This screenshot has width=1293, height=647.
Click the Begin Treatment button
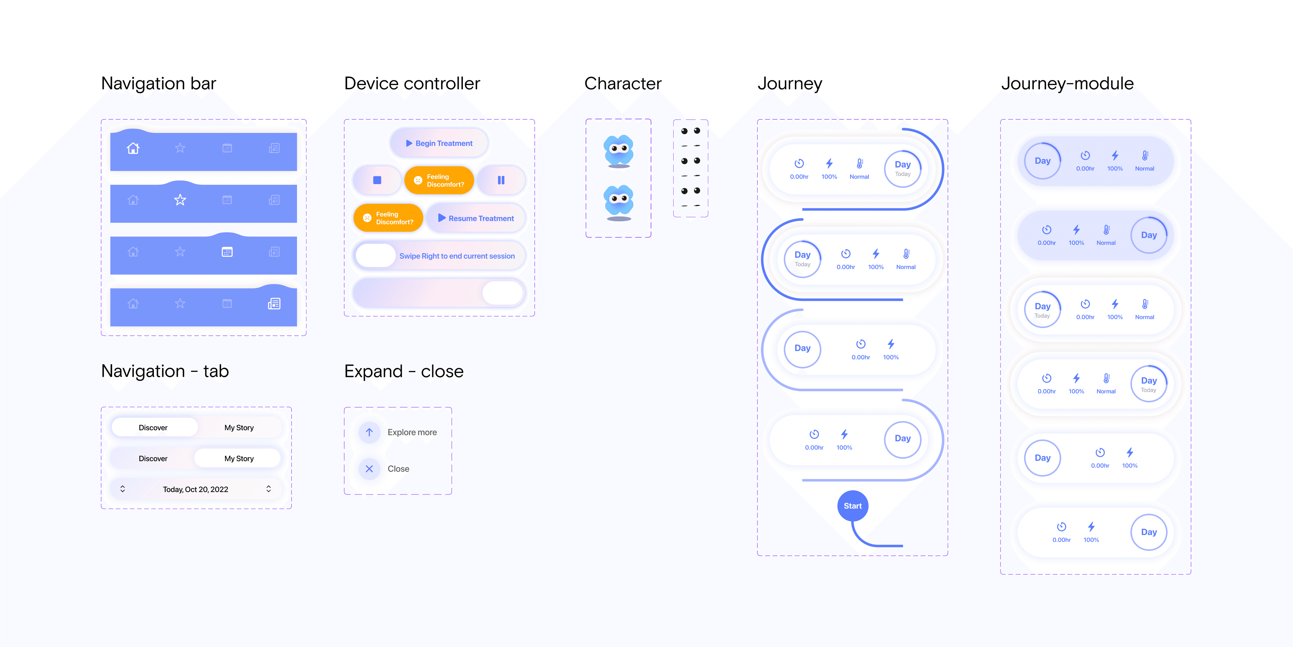439,143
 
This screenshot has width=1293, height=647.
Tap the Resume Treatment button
476,218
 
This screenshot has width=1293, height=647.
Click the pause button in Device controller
501,180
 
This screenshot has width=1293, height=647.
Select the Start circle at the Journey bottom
852,506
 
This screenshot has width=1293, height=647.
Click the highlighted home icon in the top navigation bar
133,148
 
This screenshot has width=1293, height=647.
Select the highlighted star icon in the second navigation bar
180,200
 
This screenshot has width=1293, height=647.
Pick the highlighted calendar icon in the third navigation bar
227,252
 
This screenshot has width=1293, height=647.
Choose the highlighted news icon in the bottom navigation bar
274,303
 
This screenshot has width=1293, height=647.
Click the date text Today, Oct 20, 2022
195,489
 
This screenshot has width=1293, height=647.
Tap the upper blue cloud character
619,150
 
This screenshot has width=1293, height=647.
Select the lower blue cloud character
619,201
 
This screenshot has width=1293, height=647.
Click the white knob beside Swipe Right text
375,256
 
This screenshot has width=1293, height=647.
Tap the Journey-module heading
1067,83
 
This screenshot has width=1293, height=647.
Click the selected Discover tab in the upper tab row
154,427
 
